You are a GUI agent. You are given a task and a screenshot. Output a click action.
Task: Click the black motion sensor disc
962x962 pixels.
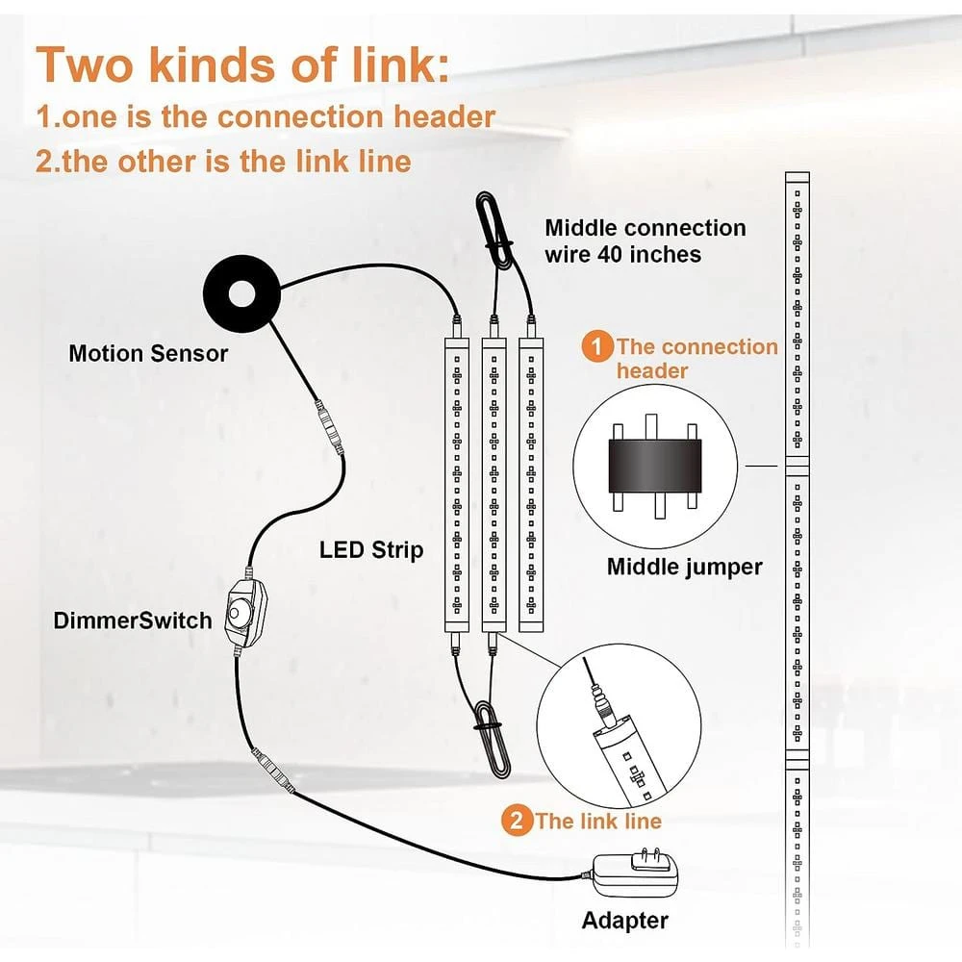coord(241,293)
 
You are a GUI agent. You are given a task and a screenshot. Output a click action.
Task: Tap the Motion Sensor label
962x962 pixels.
coord(148,353)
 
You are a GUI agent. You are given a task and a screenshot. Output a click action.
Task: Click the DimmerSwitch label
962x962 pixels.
coord(133,620)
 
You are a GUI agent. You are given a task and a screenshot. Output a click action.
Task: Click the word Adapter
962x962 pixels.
coord(624,921)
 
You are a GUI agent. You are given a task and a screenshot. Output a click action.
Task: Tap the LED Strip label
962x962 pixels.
coord(371,549)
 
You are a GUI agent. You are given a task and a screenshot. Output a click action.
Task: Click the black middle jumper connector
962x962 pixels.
coord(654,466)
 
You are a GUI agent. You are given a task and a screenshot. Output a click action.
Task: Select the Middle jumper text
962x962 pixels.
coord(684,567)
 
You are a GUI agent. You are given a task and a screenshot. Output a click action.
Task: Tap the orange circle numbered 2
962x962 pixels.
coord(517,821)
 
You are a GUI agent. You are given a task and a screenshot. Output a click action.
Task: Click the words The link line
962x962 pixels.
coord(598,821)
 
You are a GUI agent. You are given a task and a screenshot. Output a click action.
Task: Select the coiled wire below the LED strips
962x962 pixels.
coord(492,739)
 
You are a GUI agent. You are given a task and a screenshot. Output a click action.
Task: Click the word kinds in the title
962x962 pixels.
coord(212,65)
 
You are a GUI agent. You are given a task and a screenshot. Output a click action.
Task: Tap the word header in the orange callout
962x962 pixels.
coord(651,370)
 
